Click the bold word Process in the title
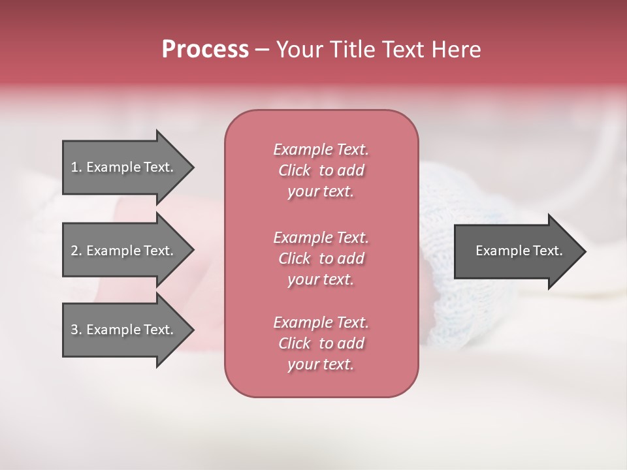[x=205, y=49]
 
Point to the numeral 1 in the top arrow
[x=74, y=167]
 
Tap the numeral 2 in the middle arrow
[x=74, y=251]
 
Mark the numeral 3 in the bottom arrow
[x=74, y=330]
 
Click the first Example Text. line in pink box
[x=321, y=149]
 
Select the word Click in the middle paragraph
[x=295, y=258]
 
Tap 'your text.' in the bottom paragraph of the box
[x=321, y=365]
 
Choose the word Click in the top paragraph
[x=295, y=170]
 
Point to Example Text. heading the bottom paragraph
[x=321, y=322]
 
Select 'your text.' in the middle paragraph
[x=321, y=279]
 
